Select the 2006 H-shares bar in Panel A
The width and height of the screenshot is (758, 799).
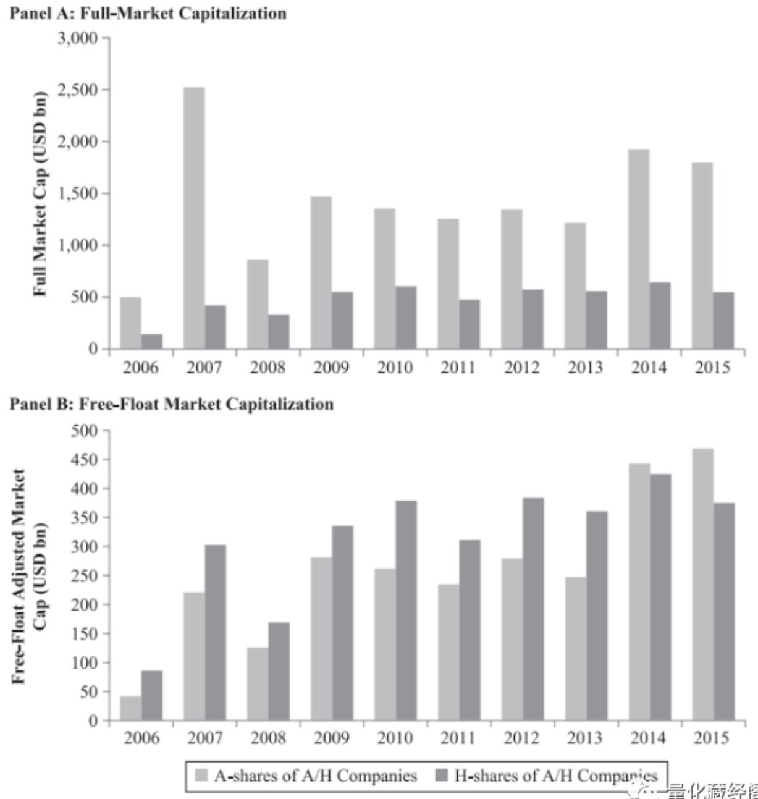pyautogui.click(x=151, y=341)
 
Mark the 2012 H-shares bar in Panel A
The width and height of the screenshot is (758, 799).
pyautogui.click(x=533, y=319)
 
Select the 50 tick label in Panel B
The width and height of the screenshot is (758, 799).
pyautogui.click(x=90, y=691)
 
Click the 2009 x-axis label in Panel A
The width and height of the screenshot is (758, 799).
pyautogui.click(x=331, y=368)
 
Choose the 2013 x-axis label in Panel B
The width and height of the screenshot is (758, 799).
pyautogui.click(x=585, y=738)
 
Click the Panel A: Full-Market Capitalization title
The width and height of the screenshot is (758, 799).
pyautogui.click(x=148, y=12)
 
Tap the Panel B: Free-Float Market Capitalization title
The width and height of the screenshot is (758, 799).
pyautogui.click(x=172, y=404)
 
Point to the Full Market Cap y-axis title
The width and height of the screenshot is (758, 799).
pyautogui.click(x=41, y=193)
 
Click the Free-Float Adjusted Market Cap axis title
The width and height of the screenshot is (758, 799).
pyautogui.click(x=29, y=575)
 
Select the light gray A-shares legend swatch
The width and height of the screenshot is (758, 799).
pyautogui.click(x=202, y=776)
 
